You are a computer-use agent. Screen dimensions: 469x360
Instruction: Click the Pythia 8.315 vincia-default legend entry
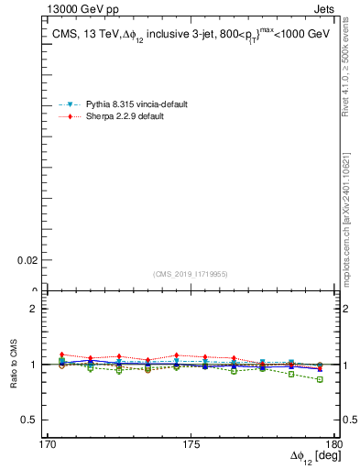[136, 104]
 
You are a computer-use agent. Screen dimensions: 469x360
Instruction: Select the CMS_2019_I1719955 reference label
[191, 274]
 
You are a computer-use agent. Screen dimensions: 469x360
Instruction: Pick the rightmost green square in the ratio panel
[320, 379]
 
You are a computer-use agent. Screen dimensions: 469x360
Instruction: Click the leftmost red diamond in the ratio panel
[62, 354]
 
